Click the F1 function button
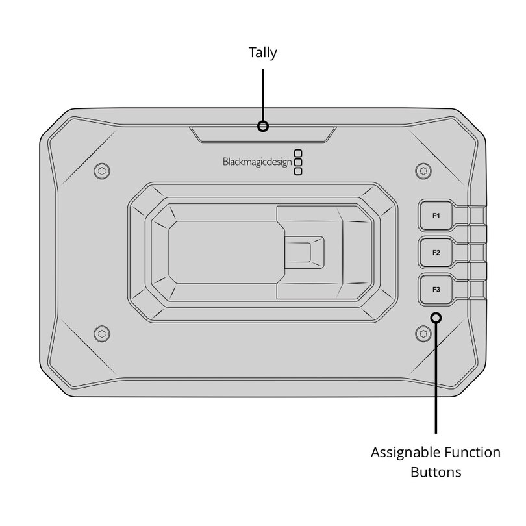[436, 216]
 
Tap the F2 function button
[436, 253]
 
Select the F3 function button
[436, 290]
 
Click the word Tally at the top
[262, 53]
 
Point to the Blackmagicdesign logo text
[257, 162]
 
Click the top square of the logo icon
[298, 153]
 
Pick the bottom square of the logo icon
[298, 171]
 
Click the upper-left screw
[102, 171]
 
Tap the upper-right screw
[423, 171]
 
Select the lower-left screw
[102, 334]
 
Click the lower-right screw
[423, 334]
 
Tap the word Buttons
[436, 472]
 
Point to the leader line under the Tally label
[263, 95]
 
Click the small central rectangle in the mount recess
[300, 252]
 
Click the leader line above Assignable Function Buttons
[436, 378]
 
